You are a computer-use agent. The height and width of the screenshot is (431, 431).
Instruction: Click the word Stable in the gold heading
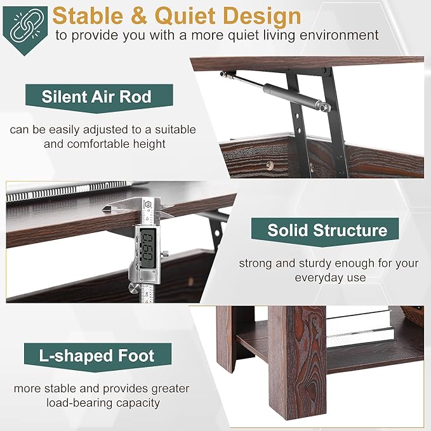point(88,16)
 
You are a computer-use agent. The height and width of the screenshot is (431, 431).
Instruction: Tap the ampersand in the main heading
point(139,16)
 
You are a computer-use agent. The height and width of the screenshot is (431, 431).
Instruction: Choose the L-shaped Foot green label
point(98,357)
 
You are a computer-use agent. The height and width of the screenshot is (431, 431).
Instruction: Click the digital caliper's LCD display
point(148,248)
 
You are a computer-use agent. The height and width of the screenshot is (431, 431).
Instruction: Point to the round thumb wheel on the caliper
point(134,289)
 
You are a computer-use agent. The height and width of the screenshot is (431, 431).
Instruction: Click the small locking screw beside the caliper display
point(165,254)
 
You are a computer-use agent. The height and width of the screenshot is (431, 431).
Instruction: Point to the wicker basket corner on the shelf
point(413,315)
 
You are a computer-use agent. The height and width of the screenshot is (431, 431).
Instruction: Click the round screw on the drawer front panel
point(269,164)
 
